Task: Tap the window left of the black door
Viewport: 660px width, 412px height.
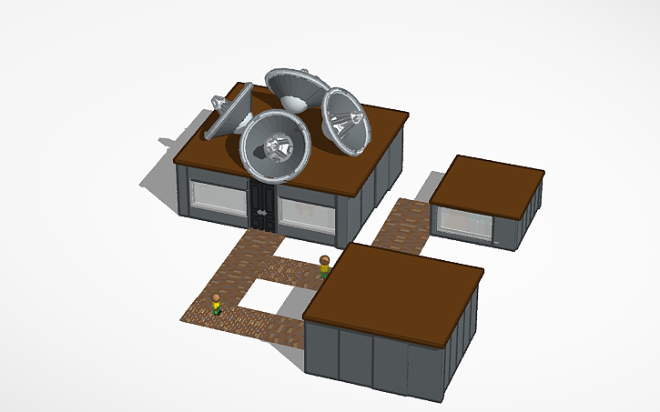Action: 218,197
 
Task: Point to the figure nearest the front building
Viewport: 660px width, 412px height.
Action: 324,267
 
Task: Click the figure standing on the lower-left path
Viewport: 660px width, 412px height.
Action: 216,304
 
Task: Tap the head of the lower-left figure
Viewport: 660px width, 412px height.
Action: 216,296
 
